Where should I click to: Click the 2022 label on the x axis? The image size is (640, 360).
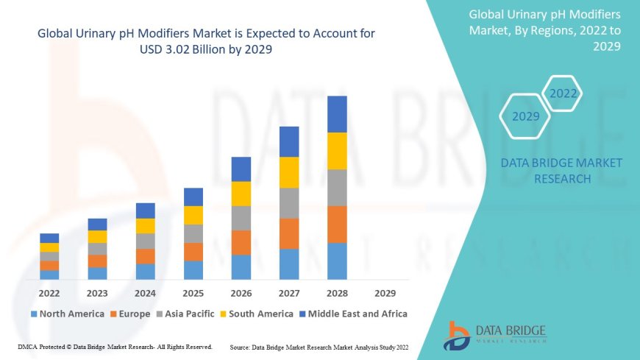click(x=49, y=293)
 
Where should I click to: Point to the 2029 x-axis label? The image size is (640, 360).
click(x=385, y=293)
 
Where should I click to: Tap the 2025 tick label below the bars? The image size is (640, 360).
click(x=193, y=293)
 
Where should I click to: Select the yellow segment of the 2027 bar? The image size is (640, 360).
click(x=289, y=172)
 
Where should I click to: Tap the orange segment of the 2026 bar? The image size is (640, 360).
click(x=241, y=242)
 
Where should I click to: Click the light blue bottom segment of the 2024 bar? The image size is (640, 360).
click(x=146, y=272)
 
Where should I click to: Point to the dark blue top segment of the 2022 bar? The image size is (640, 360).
click(x=49, y=238)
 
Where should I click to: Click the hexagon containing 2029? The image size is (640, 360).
click(x=525, y=116)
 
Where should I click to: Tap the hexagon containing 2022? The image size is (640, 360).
click(x=563, y=93)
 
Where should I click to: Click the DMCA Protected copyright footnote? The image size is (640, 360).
click(x=114, y=346)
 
